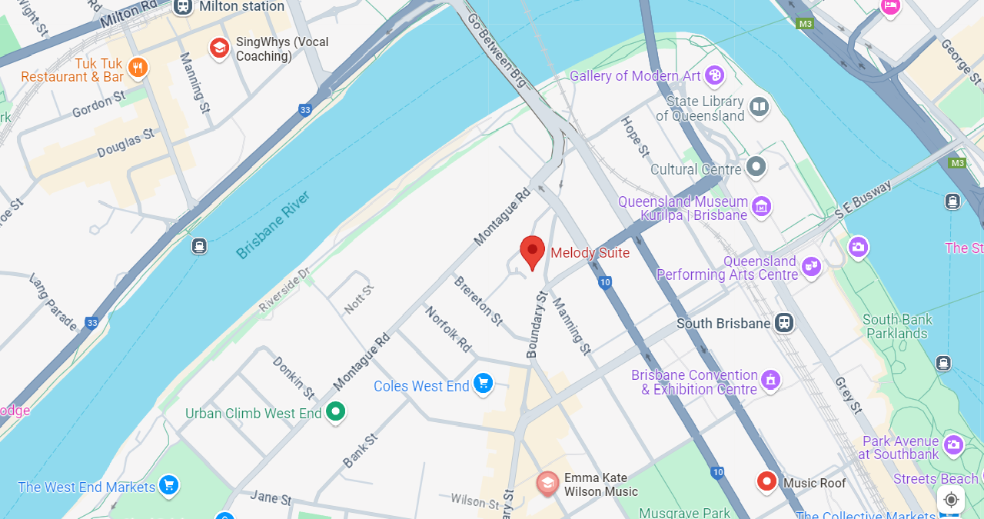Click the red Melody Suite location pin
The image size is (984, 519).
click(x=532, y=251)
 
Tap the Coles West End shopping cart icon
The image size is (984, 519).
click(x=483, y=383)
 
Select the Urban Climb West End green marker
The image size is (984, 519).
click(x=335, y=411)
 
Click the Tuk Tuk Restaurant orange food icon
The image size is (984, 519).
click(x=138, y=68)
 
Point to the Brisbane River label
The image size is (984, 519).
click(x=273, y=225)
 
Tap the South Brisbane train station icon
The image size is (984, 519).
click(x=784, y=323)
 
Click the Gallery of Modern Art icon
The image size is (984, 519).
click(x=714, y=75)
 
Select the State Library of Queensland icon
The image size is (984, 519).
click(x=759, y=107)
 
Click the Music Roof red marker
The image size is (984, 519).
click(x=766, y=482)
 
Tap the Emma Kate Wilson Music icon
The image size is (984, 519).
click(x=547, y=483)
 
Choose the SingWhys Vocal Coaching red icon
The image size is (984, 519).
click(x=219, y=48)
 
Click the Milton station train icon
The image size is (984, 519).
click(x=182, y=7)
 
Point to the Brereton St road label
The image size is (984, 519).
click(x=477, y=300)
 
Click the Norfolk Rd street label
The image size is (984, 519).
click(x=448, y=329)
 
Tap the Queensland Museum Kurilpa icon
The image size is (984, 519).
click(x=761, y=206)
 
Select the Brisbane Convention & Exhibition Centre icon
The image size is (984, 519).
click(x=770, y=380)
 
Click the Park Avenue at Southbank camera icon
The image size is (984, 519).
click(x=953, y=444)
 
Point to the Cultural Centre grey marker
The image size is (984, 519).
click(x=756, y=167)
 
